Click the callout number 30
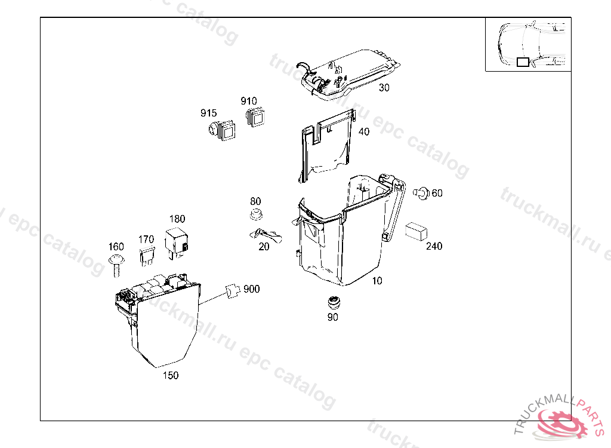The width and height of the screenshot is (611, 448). point(384,88)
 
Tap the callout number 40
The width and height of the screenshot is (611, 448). point(363,132)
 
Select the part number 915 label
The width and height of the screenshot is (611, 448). point(208,113)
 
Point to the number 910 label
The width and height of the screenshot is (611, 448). point(249,101)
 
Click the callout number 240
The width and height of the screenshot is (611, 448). point(434,246)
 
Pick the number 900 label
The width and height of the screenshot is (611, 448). point(251,289)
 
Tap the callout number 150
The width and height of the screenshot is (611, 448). point(171,375)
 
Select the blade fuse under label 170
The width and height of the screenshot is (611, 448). point(146,257)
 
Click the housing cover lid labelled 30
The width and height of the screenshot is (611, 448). point(352,70)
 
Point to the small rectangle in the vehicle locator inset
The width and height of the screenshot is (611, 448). point(523,62)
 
